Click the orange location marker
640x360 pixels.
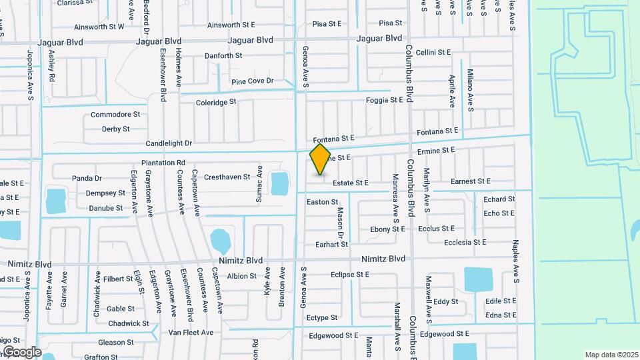[x=320, y=159]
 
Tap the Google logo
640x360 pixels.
[x=22, y=351]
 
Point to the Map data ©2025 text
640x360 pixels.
[x=611, y=355]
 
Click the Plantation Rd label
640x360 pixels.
[x=163, y=163]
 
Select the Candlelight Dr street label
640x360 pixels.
[x=169, y=143]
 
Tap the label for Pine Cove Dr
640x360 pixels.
[x=253, y=81]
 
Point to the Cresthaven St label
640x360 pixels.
[x=227, y=177]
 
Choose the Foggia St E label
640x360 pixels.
[x=385, y=100]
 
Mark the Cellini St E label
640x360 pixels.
[x=433, y=52]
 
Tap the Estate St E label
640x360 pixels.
[x=351, y=182]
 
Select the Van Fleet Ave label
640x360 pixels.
[x=191, y=332]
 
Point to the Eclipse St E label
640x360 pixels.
[x=349, y=275]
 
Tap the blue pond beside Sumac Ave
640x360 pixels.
[x=280, y=182]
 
